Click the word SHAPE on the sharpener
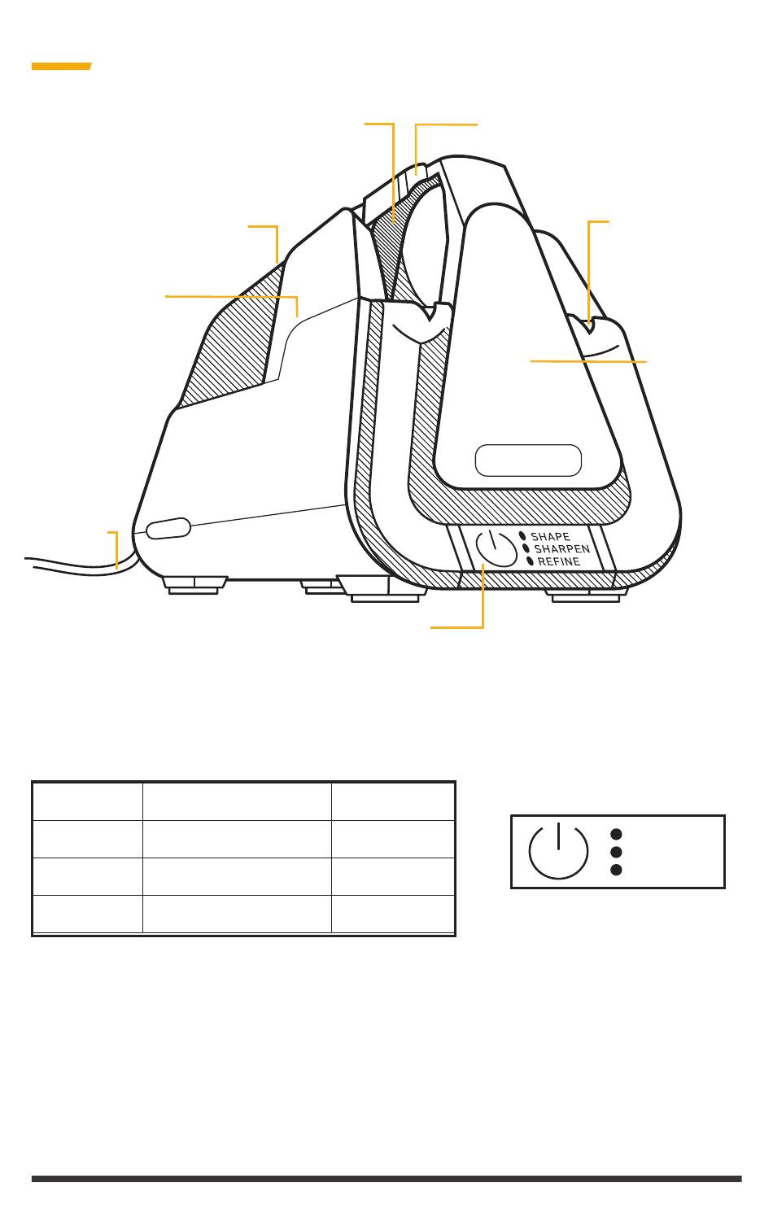pos(551,537)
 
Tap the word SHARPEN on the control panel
pos(561,549)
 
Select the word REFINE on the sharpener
pos(559,561)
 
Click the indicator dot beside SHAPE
pos(522,536)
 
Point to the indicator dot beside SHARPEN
pos(526,548)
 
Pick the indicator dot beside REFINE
pos(530,561)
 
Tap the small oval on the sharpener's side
pos(168,527)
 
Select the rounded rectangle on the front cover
pos(528,460)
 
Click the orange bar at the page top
pos(61,66)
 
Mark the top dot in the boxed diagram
pos(616,834)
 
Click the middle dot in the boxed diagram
pos(616,852)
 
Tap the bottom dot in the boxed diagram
pos(616,870)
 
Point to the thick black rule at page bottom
pos(386,1178)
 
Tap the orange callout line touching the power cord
pos(116,550)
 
